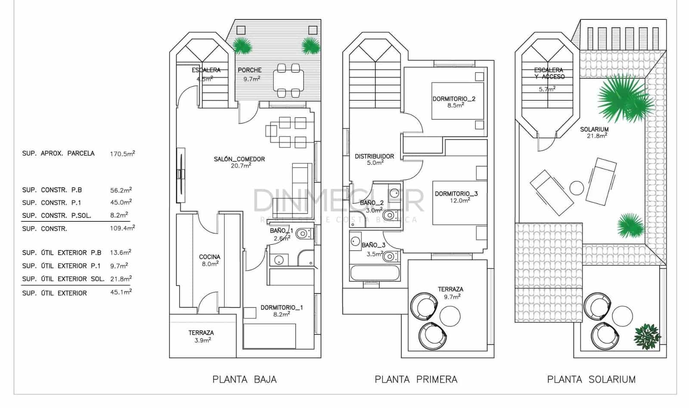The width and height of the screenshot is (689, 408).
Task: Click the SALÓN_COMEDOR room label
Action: (239, 159)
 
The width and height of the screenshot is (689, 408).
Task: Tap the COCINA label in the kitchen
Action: (209, 257)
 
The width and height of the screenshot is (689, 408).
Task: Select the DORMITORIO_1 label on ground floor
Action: (282, 308)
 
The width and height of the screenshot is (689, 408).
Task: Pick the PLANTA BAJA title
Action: (244, 380)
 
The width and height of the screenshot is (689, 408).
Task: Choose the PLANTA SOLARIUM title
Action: (591, 380)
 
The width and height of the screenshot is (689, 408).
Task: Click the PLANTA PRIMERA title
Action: (416, 380)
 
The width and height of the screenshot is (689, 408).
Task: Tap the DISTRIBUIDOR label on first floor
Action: (374, 156)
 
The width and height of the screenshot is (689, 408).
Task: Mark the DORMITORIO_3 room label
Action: (456, 194)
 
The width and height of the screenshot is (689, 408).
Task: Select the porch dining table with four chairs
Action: (288, 80)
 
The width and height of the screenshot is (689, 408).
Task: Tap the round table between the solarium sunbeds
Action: (577, 188)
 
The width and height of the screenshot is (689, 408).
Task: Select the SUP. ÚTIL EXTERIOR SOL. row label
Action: (63, 279)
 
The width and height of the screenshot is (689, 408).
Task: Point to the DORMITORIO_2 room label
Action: (454, 99)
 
